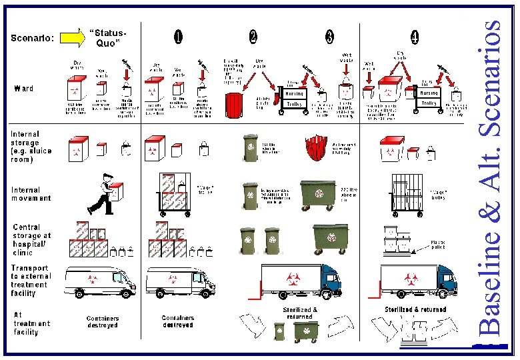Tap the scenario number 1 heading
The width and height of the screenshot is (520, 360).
coord(178,37)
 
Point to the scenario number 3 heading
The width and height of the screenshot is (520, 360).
coord(330,37)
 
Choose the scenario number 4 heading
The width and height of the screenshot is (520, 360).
coord(415,38)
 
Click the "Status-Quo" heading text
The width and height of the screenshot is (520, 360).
coord(109,38)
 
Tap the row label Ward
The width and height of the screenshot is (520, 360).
coord(24,89)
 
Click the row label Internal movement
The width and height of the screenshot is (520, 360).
coord(31,194)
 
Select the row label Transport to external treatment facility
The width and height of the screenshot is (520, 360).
coord(30,281)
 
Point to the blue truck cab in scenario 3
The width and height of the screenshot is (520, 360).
coord(329,279)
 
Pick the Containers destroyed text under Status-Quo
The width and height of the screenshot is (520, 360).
coord(102,322)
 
